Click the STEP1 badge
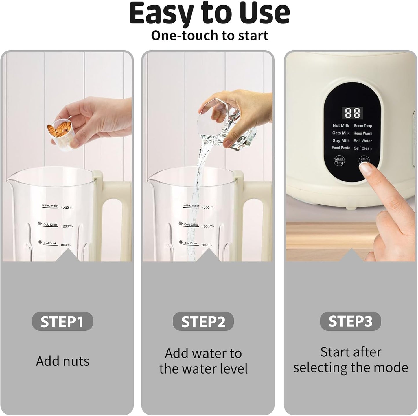(x=62, y=321)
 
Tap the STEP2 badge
(x=203, y=321)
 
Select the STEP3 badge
(x=350, y=321)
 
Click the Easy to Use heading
(x=209, y=13)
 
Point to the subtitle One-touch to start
(x=209, y=36)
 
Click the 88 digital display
(x=352, y=113)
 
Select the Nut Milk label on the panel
(x=341, y=126)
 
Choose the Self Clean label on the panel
(x=362, y=148)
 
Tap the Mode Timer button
(x=339, y=161)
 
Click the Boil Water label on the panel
(x=362, y=141)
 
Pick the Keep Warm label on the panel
(x=362, y=133)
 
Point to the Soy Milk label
(x=341, y=141)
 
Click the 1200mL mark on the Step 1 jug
(x=67, y=208)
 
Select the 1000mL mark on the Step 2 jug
(x=208, y=226)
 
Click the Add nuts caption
(x=62, y=361)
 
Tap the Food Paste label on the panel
(x=341, y=148)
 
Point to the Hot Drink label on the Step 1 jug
(x=50, y=243)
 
